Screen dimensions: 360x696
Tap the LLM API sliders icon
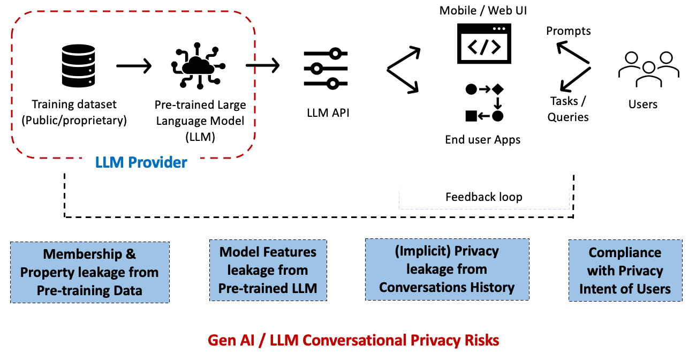click(326, 69)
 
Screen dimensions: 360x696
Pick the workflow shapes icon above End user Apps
click(484, 102)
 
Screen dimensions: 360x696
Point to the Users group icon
click(648, 69)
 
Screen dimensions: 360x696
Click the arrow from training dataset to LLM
click(134, 66)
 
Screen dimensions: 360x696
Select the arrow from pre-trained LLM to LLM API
click(262, 66)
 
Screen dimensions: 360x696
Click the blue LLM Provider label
click(141, 162)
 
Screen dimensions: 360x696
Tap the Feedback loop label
click(483, 197)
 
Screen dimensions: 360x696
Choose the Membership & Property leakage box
click(89, 272)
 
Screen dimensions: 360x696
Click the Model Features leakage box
click(268, 270)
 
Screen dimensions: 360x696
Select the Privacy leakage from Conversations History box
click(447, 269)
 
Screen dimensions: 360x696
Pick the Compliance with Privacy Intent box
click(625, 271)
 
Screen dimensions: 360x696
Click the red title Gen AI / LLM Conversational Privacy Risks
click(353, 340)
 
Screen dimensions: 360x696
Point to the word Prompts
click(568, 31)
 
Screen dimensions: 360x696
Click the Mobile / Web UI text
click(483, 10)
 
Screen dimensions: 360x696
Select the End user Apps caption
click(482, 140)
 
